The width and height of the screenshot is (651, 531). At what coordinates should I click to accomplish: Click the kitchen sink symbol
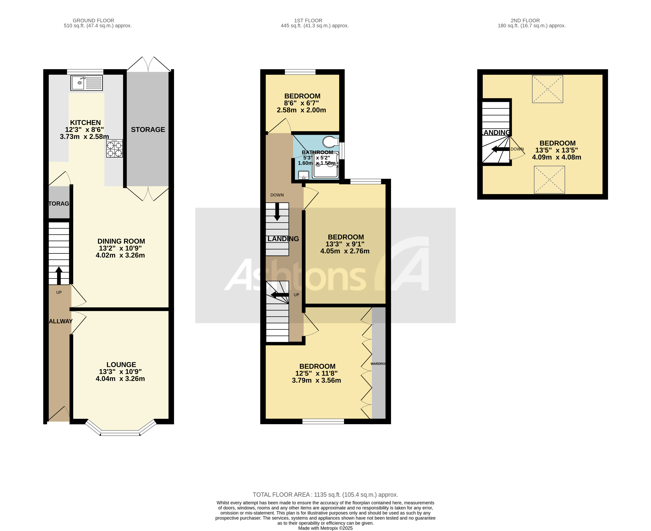coord(87,83)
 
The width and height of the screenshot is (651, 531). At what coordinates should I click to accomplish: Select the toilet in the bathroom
coord(330,142)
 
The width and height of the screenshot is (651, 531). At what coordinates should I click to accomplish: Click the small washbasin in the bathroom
coord(304,175)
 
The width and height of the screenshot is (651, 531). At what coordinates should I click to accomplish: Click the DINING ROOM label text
coord(121,241)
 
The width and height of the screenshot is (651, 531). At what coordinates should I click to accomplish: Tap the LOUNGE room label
coord(121,365)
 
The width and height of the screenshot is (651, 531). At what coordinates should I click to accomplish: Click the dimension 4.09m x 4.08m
coord(557,157)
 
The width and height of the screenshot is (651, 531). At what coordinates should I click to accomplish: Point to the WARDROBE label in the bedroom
coord(378,364)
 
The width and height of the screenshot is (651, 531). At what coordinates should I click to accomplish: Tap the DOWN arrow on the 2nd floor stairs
coord(500,149)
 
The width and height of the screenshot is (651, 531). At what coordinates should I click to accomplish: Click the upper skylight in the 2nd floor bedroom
coord(547,89)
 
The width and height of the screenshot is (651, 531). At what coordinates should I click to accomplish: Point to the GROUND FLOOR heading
coord(93,20)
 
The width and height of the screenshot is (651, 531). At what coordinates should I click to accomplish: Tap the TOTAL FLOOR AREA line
coord(325,495)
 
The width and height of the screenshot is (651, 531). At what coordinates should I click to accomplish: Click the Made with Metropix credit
coord(325,528)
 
